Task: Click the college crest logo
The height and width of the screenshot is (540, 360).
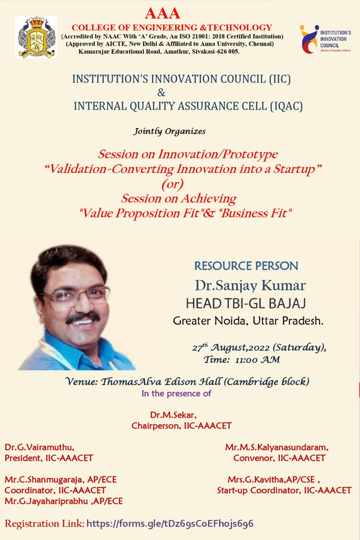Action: point(37,37)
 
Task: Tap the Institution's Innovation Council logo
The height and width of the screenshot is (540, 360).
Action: point(325,39)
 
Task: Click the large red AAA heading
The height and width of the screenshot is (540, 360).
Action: point(162,13)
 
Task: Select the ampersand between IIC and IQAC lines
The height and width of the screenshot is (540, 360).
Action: point(161,92)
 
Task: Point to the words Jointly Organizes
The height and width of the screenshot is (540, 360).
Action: point(170,131)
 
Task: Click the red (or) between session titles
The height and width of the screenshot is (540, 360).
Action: point(173,184)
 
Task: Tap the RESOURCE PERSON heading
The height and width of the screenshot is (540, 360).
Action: point(246,266)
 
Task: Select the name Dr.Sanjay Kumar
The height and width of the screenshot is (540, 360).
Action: point(250,286)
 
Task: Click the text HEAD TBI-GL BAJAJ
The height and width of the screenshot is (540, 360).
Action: point(246,303)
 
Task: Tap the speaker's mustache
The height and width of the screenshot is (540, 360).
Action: point(82,316)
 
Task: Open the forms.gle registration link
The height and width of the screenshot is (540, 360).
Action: point(170,524)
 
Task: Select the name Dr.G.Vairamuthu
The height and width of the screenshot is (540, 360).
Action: point(40,447)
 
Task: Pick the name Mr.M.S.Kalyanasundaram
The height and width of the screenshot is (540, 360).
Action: point(277,447)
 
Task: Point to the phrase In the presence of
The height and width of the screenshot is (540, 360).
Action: point(176,394)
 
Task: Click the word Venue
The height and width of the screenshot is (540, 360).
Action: point(80,382)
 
